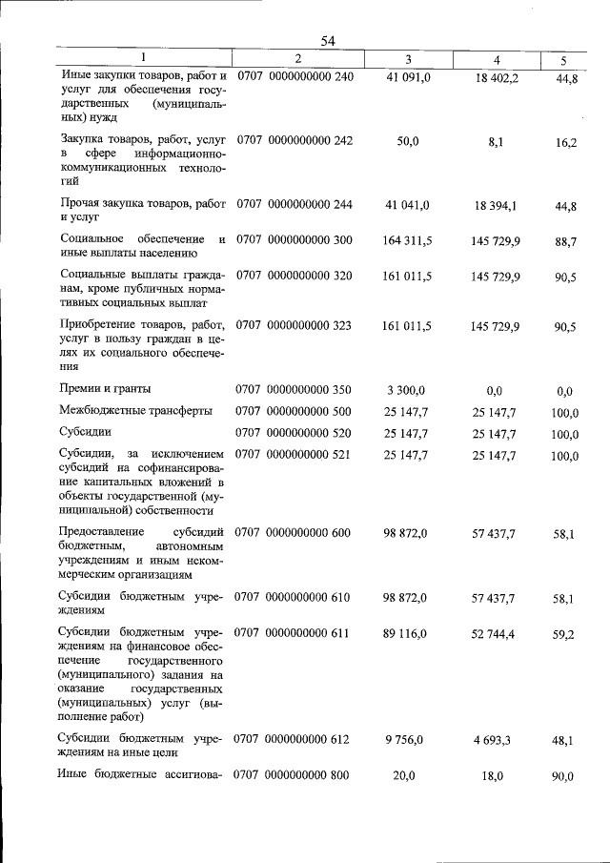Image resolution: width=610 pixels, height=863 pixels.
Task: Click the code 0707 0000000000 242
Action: (x=295, y=140)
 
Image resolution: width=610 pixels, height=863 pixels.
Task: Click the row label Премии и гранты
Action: (x=105, y=389)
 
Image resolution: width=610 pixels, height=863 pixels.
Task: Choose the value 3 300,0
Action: (x=408, y=389)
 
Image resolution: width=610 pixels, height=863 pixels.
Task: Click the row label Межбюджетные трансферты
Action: (x=136, y=411)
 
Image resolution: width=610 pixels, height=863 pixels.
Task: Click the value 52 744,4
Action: (x=496, y=633)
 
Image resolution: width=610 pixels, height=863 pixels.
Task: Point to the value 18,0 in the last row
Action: (x=492, y=776)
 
